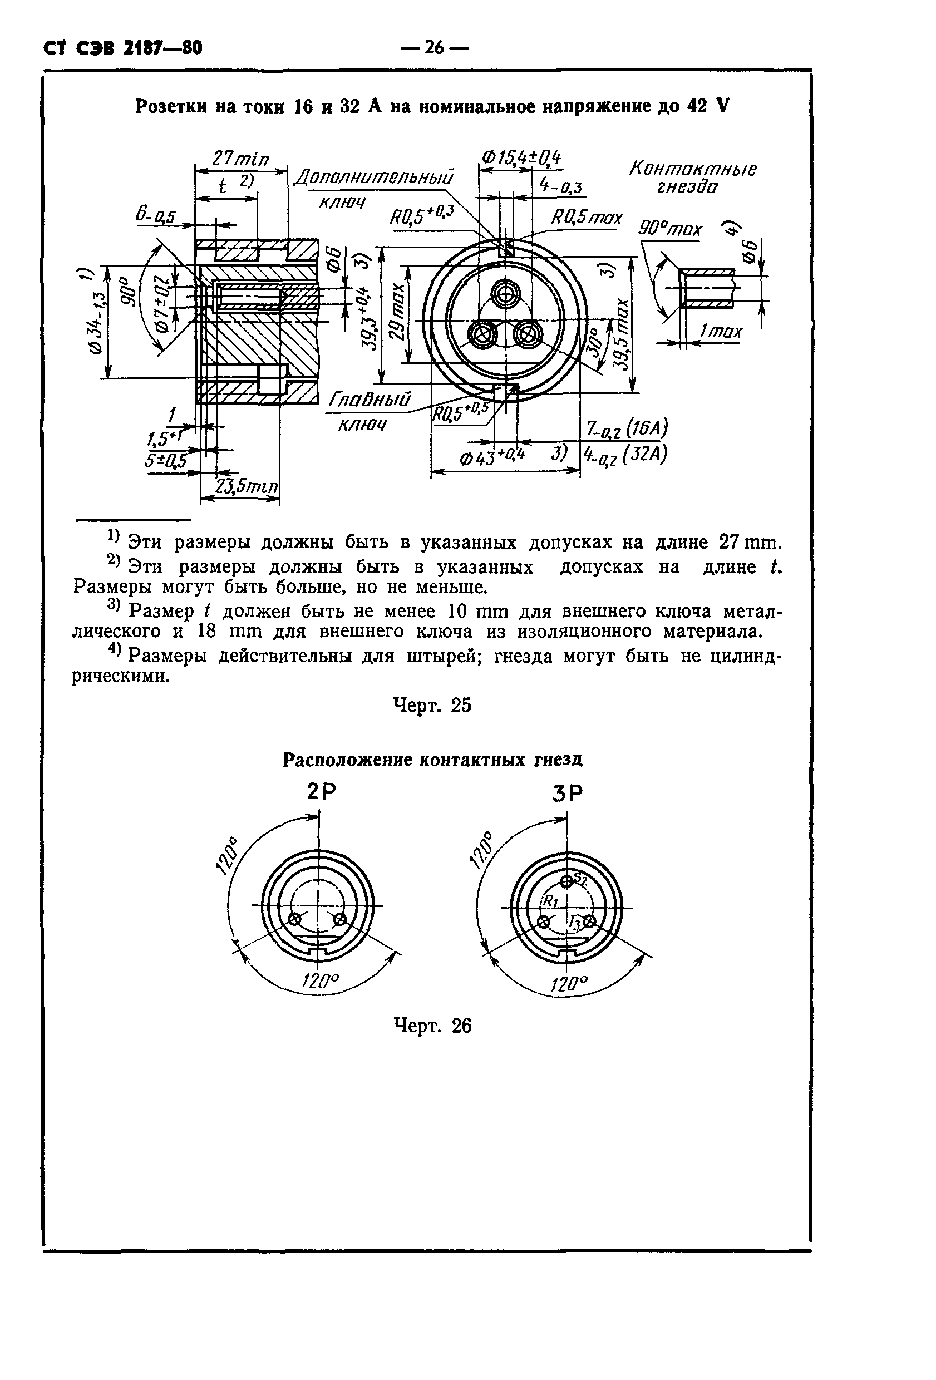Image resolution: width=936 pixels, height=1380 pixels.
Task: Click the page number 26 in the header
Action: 434,47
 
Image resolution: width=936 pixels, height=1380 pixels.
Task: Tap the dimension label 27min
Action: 240,159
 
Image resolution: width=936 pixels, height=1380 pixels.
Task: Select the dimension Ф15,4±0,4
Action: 521,158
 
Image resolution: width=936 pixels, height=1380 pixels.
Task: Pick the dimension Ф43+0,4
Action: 492,457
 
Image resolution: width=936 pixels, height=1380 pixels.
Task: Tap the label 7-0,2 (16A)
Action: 626,428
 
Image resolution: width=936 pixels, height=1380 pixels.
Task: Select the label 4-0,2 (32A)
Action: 625,455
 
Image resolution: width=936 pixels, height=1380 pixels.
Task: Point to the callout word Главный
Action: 370,399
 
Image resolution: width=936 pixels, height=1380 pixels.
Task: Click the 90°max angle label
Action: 669,229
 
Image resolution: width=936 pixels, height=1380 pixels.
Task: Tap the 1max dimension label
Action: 721,331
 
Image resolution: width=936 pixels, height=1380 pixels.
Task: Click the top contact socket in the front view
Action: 505,293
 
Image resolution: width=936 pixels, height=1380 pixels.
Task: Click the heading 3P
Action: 567,793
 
